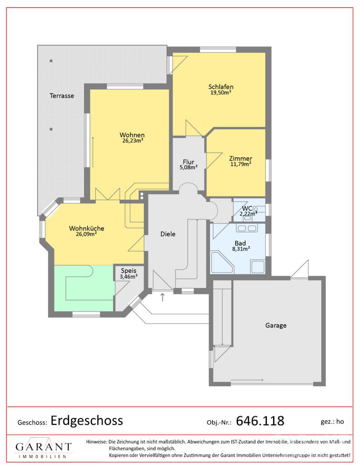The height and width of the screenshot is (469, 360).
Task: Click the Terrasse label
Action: [x=62, y=96]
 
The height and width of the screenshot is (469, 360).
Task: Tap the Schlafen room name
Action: [x=221, y=87]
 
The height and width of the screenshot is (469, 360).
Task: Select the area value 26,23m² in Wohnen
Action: [x=132, y=141]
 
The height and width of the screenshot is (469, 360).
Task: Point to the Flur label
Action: [x=188, y=162]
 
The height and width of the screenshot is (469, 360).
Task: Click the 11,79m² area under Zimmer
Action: [x=241, y=164]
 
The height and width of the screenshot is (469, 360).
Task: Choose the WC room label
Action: [x=247, y=208]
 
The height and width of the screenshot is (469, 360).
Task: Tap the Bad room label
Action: [x=240, y=243]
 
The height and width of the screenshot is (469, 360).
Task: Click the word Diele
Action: [x=168, y=234]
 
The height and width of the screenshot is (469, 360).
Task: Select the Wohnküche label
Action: [x=86, y=228]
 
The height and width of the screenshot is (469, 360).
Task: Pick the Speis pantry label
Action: [x=129, y=271]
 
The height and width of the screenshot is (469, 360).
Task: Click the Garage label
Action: [x=276, y=325]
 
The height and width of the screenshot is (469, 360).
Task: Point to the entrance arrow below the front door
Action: [x=163, y=297]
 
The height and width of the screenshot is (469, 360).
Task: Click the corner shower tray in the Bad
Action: [x=222, y=263]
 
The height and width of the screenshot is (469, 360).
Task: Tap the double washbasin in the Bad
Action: [x=247, y=228]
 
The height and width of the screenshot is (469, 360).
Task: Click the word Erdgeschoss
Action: [x=87, y=421]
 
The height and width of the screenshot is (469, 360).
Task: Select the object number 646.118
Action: [x=260, y=421]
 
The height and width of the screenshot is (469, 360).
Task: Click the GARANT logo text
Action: [x=44, y=447]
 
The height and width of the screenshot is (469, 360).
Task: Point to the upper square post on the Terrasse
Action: [x=51, y=61]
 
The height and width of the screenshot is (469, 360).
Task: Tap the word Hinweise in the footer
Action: [x=96, y=442]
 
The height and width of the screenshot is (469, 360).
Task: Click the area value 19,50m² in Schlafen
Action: [x=221, y=92]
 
